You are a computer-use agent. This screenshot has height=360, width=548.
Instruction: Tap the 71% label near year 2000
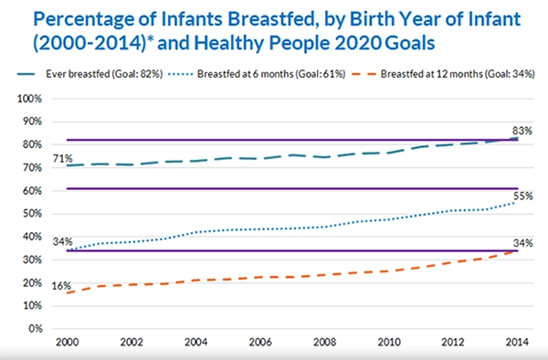37,159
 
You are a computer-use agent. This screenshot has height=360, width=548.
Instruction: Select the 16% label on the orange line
36,286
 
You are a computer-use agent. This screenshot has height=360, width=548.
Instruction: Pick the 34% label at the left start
37,242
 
